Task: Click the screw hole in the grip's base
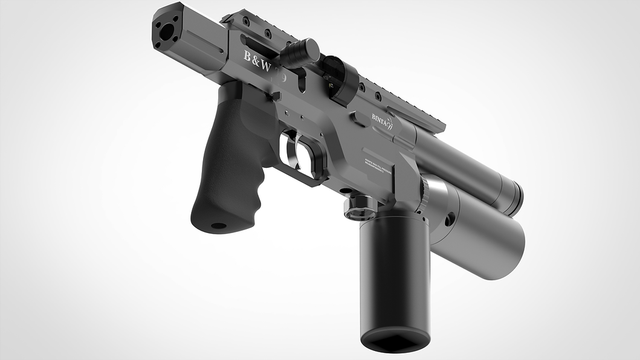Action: coord(218,226)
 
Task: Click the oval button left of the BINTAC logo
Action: coord(358,120)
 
